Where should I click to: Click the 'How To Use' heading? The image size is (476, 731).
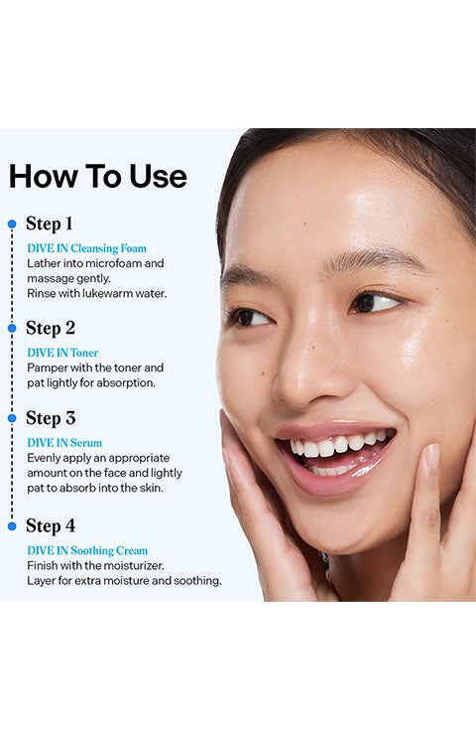(98, 176)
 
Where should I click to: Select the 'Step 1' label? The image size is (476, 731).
(50, 223)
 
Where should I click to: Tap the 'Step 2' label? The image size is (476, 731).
(51, 328)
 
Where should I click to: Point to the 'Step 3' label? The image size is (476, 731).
(51, 418)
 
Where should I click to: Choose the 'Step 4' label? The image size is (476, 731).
(51, 525)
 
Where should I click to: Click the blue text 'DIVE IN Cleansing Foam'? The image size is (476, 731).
(86, 248)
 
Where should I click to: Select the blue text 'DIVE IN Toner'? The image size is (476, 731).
(62, 353)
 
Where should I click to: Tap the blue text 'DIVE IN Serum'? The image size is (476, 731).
(64, 443)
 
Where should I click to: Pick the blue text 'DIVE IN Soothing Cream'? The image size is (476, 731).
(87, 550)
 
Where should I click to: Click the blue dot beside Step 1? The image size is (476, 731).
(12, 224)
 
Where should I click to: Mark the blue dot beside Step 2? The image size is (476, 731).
(12, 328)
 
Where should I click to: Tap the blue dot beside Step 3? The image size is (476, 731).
(12, 418)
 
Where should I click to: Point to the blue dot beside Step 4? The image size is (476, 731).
(12, 526)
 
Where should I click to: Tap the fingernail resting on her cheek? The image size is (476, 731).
(432, 456)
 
